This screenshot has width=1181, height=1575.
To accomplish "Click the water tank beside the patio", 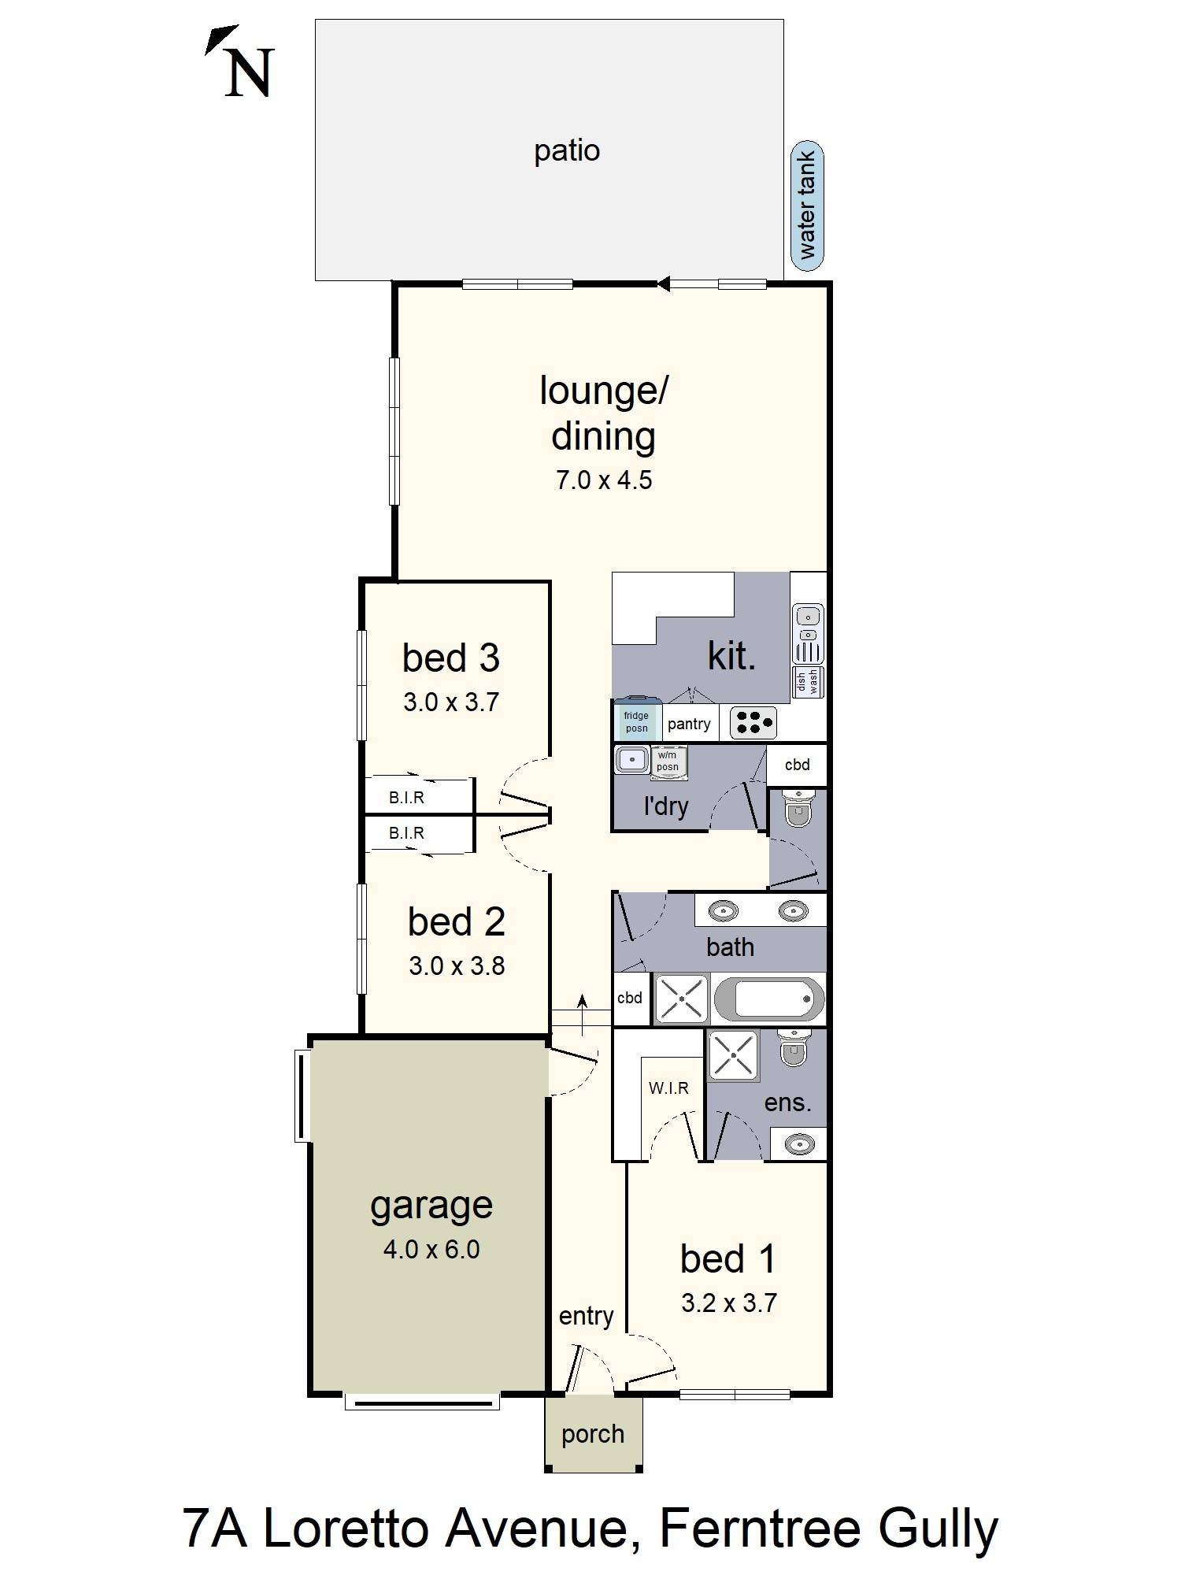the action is tap(807, 206).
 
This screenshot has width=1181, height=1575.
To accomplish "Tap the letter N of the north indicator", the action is tap(250, 73).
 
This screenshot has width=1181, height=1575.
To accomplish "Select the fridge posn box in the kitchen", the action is tap(637, 721).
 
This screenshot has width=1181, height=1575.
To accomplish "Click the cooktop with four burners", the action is tap(753, 723).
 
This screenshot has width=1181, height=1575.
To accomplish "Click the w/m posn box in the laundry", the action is tap(668, 762).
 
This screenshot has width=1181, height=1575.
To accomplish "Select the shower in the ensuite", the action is tap(733, 1055).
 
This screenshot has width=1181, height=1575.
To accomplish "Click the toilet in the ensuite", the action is tap(794, 1047).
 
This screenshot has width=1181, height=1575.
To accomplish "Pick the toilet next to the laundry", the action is tap(798, 809).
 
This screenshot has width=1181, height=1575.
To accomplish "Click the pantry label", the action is tap(689, 724).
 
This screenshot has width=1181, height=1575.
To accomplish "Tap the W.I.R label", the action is tap(668, 1088).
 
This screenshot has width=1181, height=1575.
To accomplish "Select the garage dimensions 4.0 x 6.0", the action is tap(431, 1249).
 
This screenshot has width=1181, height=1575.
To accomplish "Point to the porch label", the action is tap(593, 1435).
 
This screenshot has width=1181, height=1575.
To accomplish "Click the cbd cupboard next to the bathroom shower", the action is tap(631, 998).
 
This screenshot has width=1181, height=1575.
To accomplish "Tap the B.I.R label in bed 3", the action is tap(406, 798).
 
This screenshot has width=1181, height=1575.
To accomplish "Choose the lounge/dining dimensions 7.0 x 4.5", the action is tap(604, 480).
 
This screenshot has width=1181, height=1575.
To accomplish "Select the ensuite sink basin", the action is tap(799, 1143).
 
